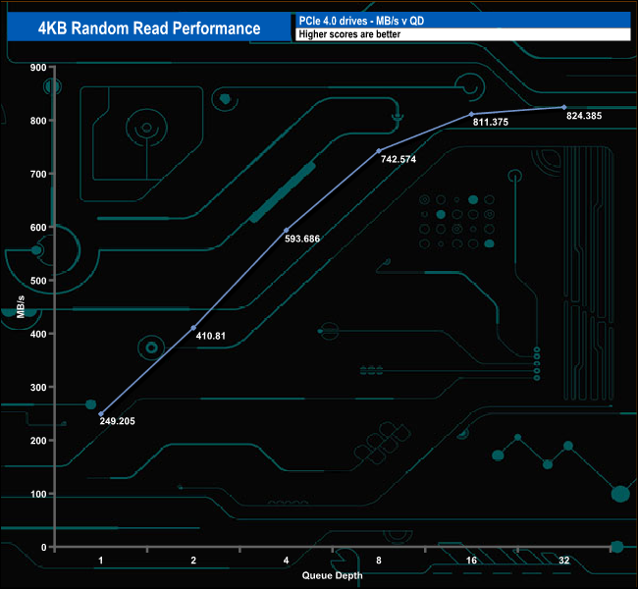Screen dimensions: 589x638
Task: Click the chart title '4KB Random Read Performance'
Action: pos(148,27)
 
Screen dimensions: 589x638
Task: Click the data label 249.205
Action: pos(120,422)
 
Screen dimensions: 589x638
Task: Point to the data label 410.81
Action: pos(212,337)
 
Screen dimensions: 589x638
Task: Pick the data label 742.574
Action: pos(397,159)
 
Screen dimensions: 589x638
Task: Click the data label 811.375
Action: pos(490,123)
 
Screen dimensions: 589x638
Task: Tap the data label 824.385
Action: pos(585,116)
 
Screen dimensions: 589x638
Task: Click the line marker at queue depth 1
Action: pos(100,413)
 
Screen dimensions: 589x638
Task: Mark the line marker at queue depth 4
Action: pos(286,230)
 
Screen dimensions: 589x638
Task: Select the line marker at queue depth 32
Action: pos(563,107)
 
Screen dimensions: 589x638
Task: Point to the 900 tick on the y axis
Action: pos(39,67)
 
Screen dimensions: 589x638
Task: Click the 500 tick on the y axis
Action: pos(39,280)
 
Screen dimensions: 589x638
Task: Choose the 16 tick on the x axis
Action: pos(470,561)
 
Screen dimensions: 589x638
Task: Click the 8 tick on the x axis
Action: pos(378,561)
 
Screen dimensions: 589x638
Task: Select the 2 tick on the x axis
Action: pos(193,561)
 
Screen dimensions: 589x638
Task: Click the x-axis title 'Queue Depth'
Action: pos(331,576)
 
